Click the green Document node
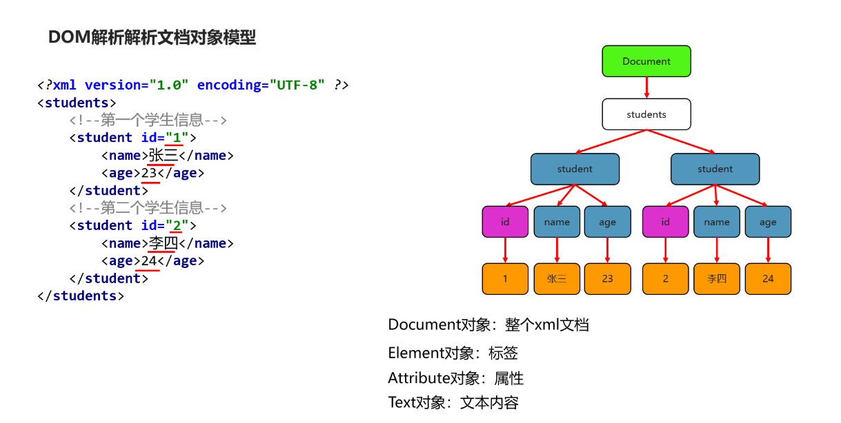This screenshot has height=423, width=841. [646, 61]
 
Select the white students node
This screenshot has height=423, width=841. [646, 114]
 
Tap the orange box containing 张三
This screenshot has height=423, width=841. [557, 279]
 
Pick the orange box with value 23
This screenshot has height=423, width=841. [607, 279]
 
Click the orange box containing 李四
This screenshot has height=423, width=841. [717, 279]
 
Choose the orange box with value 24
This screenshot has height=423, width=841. [768, 279]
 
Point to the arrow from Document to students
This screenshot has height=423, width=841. [646, 87]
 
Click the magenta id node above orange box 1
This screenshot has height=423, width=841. [505, 222]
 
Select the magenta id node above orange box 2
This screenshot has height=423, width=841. [665, 222]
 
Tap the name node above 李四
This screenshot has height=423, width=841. [717, 222]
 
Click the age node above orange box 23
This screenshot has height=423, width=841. [607, 222]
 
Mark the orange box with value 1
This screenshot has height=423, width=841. [505, 279]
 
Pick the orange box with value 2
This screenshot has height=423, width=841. [665, 279]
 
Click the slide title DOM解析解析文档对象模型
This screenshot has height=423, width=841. [152, 38]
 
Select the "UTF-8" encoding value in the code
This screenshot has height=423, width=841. [297, 85]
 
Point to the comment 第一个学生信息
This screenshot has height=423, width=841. [148, 121]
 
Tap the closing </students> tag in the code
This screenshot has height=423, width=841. [81, 296]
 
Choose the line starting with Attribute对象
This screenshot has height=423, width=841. [455, 378]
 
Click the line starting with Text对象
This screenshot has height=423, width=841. [453, 402]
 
